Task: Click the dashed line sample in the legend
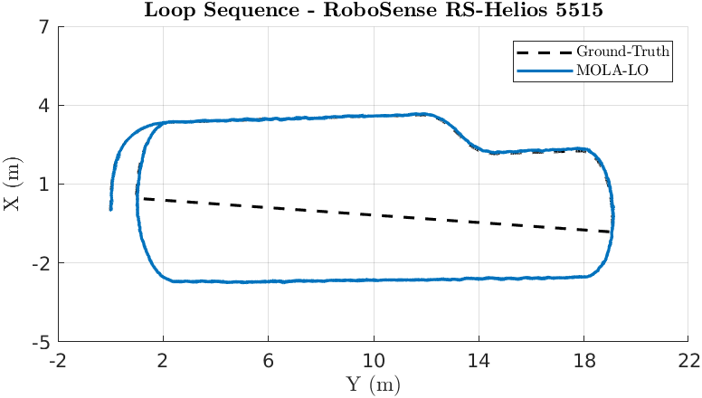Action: click(x=542, y=51)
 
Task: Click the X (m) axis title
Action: click(x=12, y=185)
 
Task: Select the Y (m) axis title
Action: click(x=374, y=384)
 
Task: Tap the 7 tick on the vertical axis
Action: click(x=43, y=26)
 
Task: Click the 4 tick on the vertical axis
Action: click(x=43, y=106)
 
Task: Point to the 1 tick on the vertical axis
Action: click(x=43, y=185)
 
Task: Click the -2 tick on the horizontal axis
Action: click(x=59, y=361)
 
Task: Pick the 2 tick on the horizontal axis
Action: click(x=164, y=361)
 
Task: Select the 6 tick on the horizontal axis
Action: click(x=269, y=361)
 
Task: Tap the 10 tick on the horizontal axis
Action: click(x=374, y=361)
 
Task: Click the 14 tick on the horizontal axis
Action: click(x=479, y=361)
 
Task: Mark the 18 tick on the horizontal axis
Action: click(x=583, y=361)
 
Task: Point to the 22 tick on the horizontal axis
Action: click(x=688, y=361)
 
